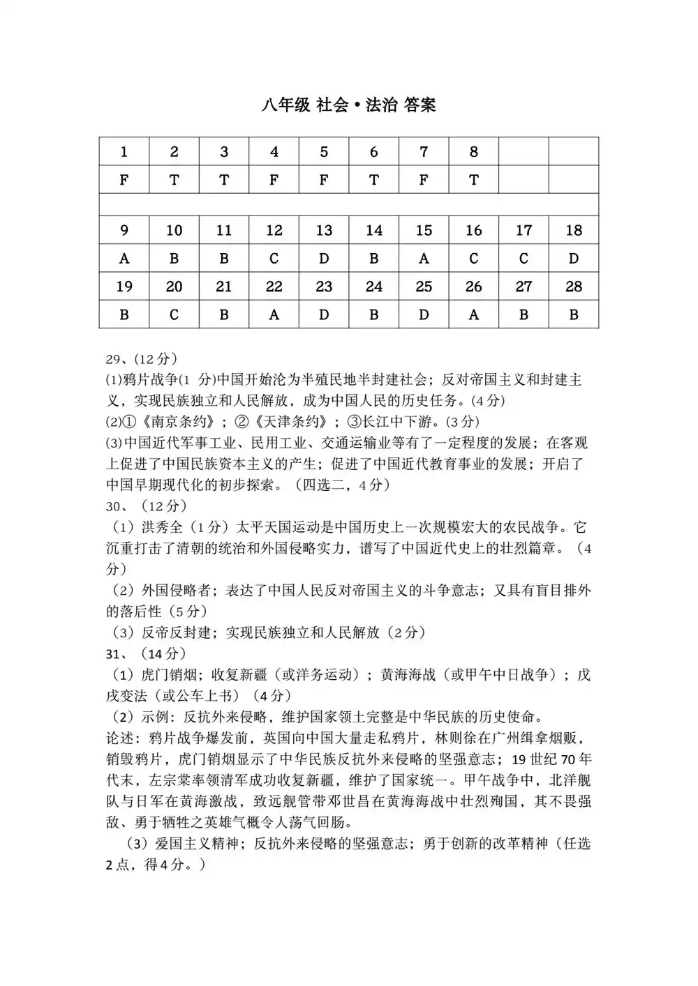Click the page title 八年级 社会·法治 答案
(x=349, y=105)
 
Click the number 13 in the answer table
(x=324, y=230)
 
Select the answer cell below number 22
(x=274, y=314)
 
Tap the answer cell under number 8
(x=474, y=180)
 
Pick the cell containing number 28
(x=574, y=287)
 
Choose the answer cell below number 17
(x=523, y=259)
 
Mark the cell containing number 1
(x=124, y=152)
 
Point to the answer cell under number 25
(x=424, y=314)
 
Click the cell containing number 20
(x=174, y=287)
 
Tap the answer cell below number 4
(x=274, y=180)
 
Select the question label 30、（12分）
(x=147, y=506)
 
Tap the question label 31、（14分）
(x=147, y=653)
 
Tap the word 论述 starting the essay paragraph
(x=120, y=738)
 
